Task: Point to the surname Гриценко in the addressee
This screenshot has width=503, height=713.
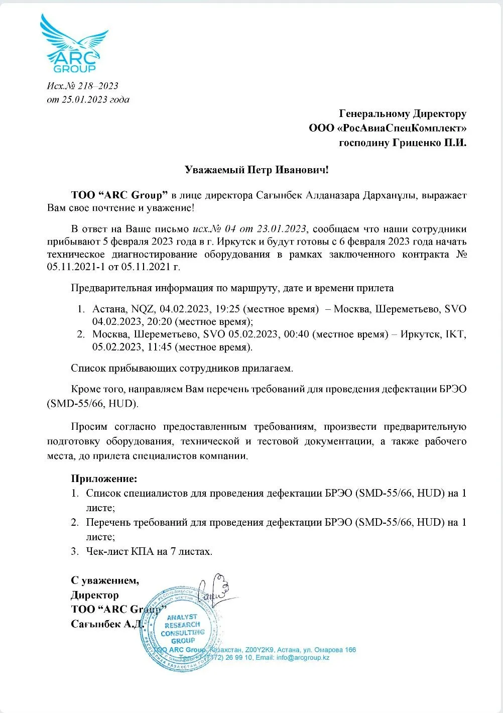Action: click(415, 143)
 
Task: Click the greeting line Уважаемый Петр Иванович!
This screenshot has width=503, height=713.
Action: click(257, 170)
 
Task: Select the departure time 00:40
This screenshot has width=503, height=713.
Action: click(296, 334)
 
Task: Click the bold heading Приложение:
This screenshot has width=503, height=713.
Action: click(104, 479)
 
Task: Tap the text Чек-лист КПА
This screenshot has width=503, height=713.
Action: click(120, 551)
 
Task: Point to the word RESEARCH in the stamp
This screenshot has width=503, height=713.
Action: click(182, 625)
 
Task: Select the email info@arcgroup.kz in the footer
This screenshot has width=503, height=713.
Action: click(303, 658)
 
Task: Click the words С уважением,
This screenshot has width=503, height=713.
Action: click(105, 580)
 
